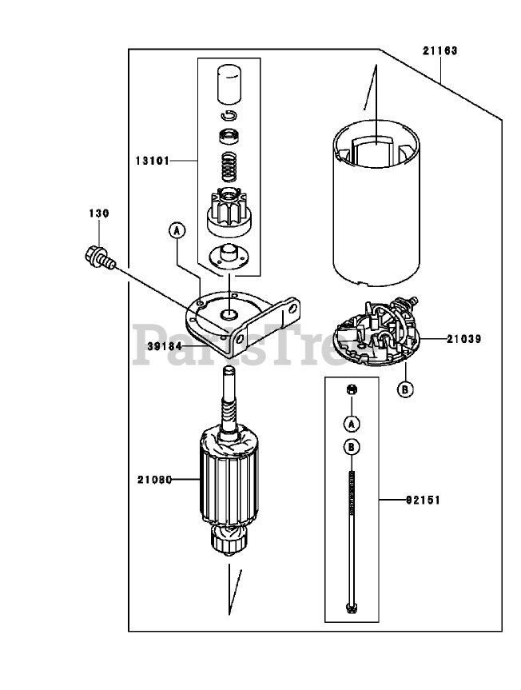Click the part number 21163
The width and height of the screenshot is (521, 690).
tap(440, 50)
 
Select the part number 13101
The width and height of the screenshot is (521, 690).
tap(152, 161)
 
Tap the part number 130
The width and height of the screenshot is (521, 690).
tap(99, 213)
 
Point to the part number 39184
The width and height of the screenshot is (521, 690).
tap(165, 346)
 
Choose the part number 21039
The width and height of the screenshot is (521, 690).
tap(464, 339)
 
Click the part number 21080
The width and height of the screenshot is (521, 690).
tap(154, 480)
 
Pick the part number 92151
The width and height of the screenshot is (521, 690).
tap(423, 501)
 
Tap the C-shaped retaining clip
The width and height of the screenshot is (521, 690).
tap(229, 115)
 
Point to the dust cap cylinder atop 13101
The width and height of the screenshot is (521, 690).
tap(229, 85)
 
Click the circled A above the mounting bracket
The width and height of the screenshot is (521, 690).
tap(177, 230)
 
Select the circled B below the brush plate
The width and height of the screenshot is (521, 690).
tap(405, 389)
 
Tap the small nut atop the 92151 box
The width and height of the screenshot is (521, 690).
tap(352, 389)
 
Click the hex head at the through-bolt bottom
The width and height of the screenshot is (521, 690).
tap(352, 608)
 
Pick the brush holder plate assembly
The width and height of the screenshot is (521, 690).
tap(376, 331)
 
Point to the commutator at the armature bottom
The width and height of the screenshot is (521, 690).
tap(229, 540)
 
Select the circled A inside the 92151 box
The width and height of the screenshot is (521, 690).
tap(352, 424)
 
